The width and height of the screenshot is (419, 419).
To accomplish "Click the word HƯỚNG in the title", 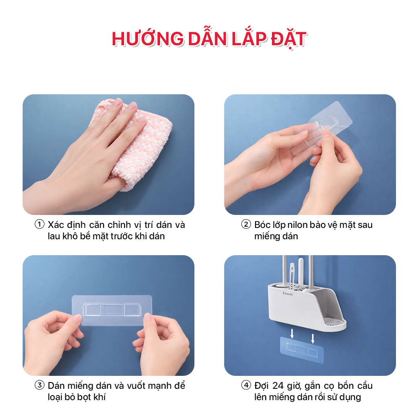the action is pyautogui.click(x=148, y=38).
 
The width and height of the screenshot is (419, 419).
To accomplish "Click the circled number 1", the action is pyautogui.click(x=39, y=224).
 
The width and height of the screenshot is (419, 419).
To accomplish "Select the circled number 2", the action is pyautogui.click(x=246, y=224).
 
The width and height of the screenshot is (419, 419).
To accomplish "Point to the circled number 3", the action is pyautogui.click(x=39, y=385).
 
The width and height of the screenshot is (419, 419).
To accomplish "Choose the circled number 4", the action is pyautogui.click(x=246, y=385).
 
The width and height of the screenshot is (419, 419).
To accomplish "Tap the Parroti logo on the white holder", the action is pyautogui.click(x=288, y=293).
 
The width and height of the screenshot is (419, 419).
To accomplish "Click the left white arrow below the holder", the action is pyautogui.click(x=292, y=334).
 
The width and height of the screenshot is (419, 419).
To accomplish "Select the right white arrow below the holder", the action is pyautogui.click(x=313, y=338).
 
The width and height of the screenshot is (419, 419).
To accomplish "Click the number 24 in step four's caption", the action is pyautogui.click(x=278, y=385).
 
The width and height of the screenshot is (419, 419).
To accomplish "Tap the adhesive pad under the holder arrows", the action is pyautogui.click(x=302, y=350).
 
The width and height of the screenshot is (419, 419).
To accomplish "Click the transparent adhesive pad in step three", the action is pyautogui.click(x=112, y=310).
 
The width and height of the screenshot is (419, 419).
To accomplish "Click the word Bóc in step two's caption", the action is pyautogui.click(x=262, y=225).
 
